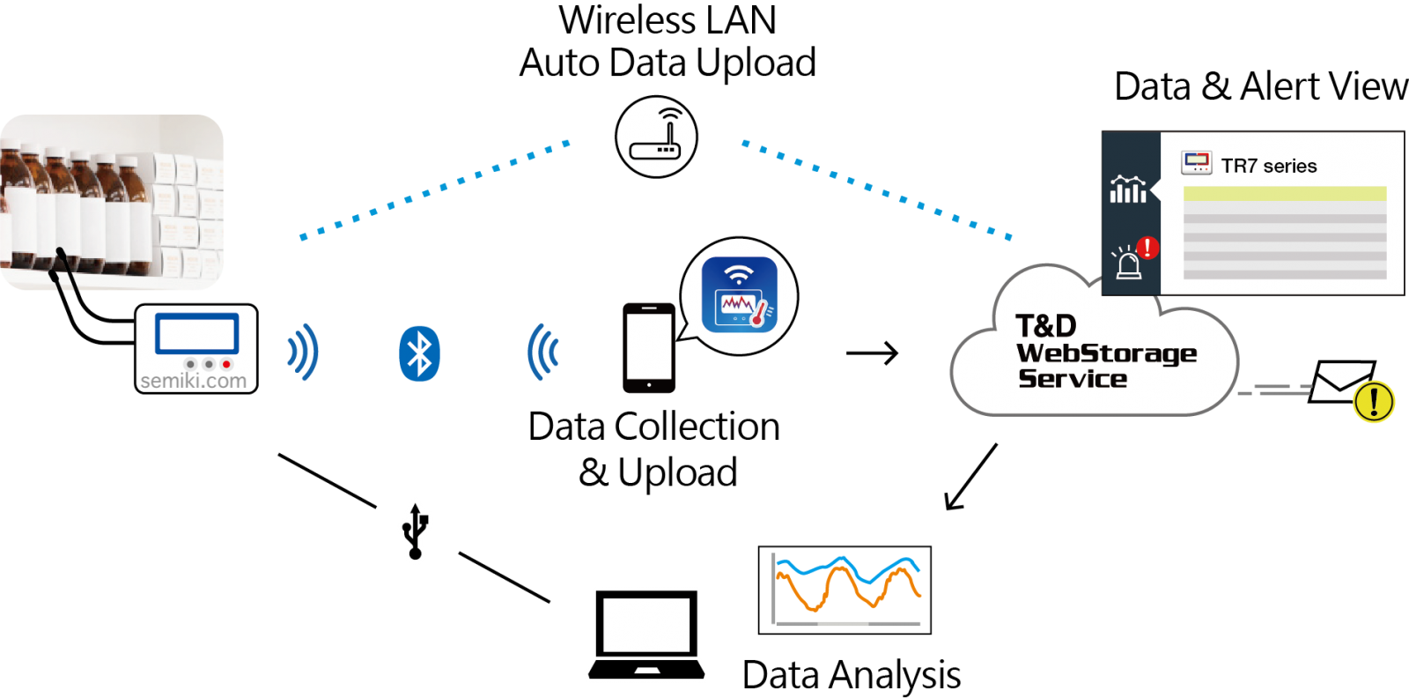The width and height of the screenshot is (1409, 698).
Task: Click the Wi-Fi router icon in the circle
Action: click(656, 137)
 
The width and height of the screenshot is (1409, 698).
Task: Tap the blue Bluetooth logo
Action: click(419, 353)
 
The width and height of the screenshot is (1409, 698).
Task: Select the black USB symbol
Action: click(415, 531)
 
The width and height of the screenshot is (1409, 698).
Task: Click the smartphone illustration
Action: click(648, 348)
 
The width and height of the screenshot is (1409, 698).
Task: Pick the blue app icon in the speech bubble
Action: click(739, 294)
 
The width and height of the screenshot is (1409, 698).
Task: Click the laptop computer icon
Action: click(646, 635)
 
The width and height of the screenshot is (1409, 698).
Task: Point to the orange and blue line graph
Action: click(845, 590)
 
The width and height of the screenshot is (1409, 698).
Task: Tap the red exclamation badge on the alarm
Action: click(1148, 248)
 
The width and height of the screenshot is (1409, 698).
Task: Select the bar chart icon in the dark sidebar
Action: click(1128, 189)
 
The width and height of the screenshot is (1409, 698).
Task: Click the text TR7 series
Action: click(1269, 167)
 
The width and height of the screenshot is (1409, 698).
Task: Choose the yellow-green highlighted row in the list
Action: click(1285, 193)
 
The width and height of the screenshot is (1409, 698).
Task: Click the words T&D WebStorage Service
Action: click(1106, 352)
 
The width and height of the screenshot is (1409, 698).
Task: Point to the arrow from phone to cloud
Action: click(872, 353)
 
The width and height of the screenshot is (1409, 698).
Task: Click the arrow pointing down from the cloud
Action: click(971, 477)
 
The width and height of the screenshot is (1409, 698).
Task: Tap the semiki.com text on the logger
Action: click(193, 381)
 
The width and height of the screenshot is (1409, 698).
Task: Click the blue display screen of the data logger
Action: click(197, 333)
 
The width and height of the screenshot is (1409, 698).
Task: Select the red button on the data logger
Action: click(226, 364)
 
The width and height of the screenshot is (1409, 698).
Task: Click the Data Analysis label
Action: click(851, 675)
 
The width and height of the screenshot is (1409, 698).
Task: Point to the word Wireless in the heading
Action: click(627, 20)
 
